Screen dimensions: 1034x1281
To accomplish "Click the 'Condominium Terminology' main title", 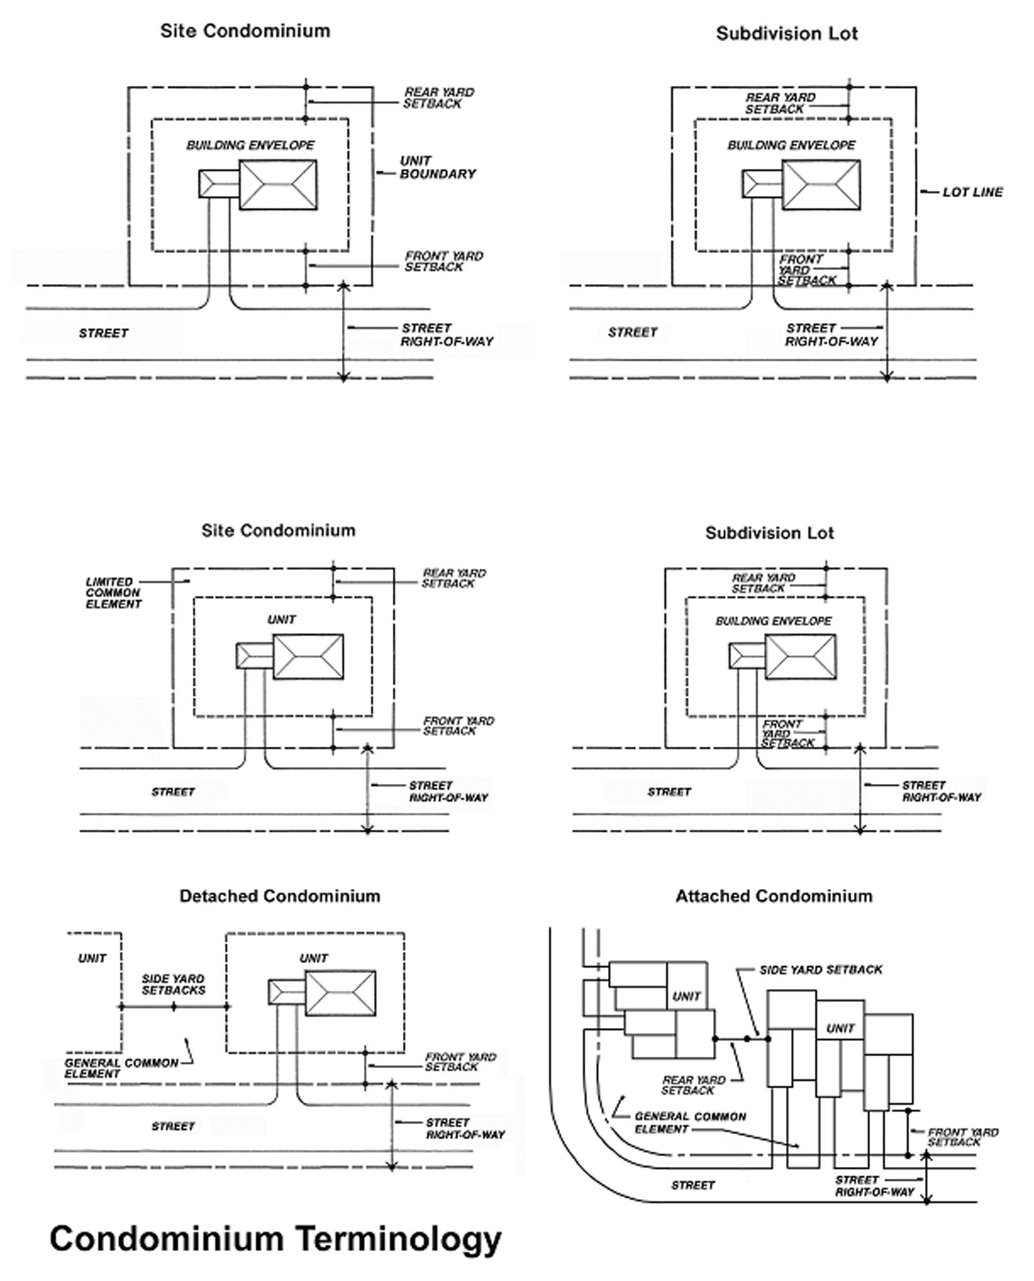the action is click(x=275, y=1238).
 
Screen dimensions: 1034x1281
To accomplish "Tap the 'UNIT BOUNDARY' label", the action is click(x=438, y=167).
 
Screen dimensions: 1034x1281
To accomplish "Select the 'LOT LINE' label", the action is click(x=972, y=192).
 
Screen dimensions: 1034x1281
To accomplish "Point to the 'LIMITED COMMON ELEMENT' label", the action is click(x=113, y=593).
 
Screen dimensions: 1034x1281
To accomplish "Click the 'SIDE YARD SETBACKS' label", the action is click(x=173, y=984).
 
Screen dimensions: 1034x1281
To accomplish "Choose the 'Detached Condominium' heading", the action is click(x=280, y=896).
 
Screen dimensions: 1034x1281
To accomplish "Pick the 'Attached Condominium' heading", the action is click(x=774, y=896).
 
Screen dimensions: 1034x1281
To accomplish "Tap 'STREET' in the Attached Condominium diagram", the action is click(x=693, y=1186).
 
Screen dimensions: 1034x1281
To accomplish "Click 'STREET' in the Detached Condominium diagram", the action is click(x=173, y=1126).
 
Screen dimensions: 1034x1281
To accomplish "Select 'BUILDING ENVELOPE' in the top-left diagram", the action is click(x=250, y=145).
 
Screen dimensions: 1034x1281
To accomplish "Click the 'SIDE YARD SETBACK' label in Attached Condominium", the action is click(x=821, y=970).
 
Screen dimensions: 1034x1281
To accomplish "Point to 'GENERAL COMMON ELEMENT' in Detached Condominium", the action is click(x=121, y=1068).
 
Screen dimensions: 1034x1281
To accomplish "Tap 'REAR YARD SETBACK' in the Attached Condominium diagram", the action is click(x=693, y=1085).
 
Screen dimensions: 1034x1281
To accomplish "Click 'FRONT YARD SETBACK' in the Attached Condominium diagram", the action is click(x=963, y=1137).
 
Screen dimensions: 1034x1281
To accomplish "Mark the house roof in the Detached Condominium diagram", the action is click(x=340, y=993).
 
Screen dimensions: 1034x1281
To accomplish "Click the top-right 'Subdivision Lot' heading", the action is click(x=787, y=33).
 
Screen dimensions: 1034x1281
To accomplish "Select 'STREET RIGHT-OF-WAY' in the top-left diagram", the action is click(x=447, y=334).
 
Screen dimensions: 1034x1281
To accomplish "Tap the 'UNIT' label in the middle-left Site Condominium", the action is click(x=282, y=619).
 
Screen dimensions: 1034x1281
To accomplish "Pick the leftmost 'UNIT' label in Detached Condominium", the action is click(x=92, y=958).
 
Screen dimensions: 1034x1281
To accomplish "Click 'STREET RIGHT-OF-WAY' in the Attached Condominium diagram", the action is click(x=874, y=1186).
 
